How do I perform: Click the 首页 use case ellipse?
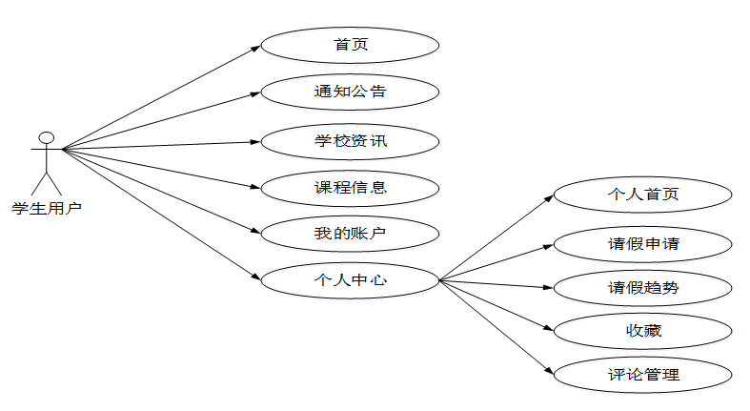350,45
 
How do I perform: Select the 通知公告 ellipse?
350,92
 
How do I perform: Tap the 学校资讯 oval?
350,141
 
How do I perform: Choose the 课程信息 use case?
350,187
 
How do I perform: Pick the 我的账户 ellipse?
350,233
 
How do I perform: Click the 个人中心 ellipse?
350,280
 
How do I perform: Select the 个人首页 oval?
643,194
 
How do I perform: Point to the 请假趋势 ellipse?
643,287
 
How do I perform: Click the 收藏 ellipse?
643,331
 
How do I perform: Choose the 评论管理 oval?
643,374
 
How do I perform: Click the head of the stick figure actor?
46,137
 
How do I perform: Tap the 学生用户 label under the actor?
46,207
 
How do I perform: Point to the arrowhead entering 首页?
255,47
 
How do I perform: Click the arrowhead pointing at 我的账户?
255,232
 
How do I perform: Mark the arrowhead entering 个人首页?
548,196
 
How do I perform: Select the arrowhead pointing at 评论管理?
548,372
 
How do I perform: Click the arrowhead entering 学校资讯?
255,142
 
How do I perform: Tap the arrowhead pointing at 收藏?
548,329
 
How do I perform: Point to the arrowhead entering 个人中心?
255,278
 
